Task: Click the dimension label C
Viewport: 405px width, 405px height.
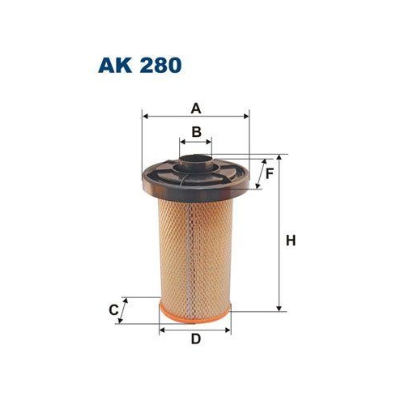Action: (x=114, y=309)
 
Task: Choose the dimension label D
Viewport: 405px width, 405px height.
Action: (x=195, y=339)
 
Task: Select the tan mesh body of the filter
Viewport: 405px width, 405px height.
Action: (x=194, y=251)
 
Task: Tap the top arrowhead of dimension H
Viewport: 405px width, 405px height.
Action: (x=279, y=156)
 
